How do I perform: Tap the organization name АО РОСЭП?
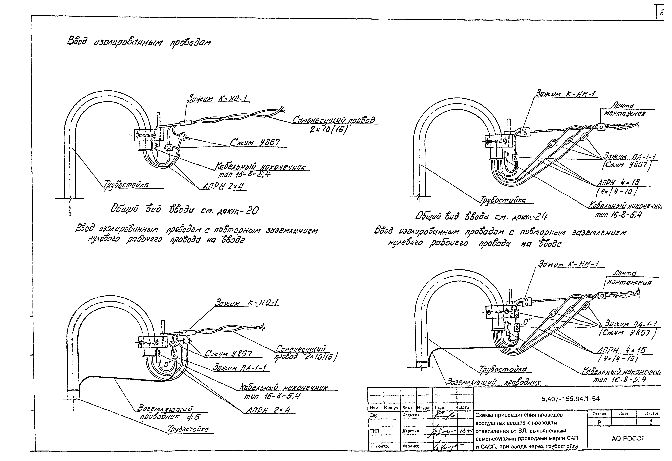tap(628, 438)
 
